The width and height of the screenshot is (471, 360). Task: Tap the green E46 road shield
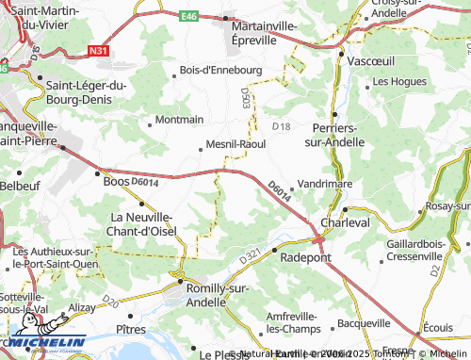189,15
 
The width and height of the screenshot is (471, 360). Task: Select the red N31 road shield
99,51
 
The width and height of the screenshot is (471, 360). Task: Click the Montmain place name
178,120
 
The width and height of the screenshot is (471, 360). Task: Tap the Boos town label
116,181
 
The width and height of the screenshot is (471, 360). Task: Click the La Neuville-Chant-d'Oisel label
138,222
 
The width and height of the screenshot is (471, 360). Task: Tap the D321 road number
250,255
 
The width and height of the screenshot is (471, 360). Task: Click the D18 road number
281,126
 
